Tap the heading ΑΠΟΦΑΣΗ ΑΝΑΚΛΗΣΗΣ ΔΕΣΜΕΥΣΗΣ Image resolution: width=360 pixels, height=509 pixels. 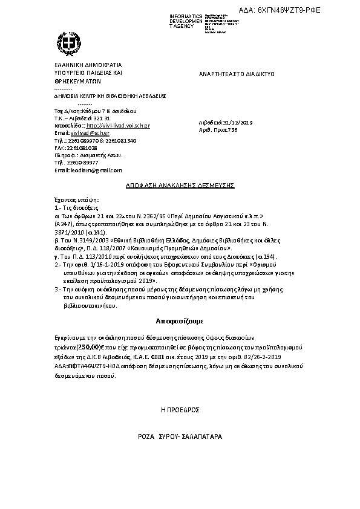[180, 186]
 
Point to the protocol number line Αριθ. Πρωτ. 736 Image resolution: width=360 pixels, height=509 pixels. [218, 130]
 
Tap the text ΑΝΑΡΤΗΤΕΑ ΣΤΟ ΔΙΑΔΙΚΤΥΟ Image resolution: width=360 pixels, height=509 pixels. [237, 74]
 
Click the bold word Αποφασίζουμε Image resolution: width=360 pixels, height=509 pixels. [180, 320]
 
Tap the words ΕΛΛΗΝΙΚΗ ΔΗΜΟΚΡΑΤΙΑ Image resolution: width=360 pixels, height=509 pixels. [88, 64]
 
